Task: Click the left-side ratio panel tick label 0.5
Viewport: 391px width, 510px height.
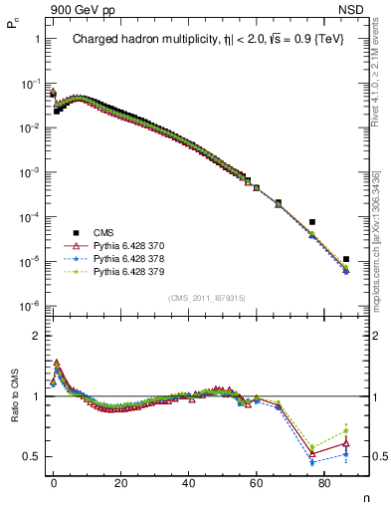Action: click(31, 456)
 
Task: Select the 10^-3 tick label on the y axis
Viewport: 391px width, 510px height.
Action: click(30, 172)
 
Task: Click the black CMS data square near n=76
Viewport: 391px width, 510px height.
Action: click(311, 222)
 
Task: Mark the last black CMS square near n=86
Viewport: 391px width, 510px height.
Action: click(345, 259)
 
